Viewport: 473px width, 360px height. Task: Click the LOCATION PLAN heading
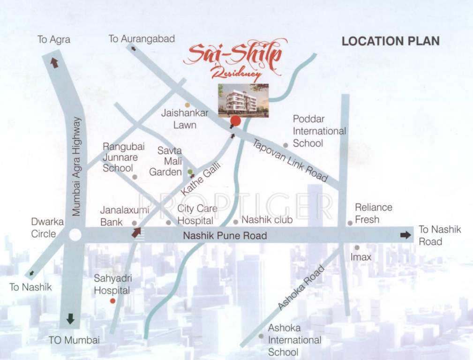[390, 41]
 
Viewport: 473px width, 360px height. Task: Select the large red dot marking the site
[235, 121]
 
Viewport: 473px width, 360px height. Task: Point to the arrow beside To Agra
[54, 62]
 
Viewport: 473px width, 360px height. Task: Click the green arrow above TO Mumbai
[70, 319]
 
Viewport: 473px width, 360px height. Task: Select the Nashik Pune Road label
[225, 236]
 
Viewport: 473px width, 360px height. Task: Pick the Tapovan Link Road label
[290, 161]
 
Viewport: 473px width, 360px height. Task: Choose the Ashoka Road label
[301, 288]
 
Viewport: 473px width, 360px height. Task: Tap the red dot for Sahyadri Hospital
[113, 300]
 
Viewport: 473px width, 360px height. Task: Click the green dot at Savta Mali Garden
[190, 172]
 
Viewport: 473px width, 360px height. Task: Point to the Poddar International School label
[319, 131]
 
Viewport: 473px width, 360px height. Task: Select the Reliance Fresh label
[373, 213]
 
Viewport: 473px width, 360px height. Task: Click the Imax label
[360, 257]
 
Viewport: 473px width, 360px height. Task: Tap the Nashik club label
[267, 220]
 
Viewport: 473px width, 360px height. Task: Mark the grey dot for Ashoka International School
[261, 336]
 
